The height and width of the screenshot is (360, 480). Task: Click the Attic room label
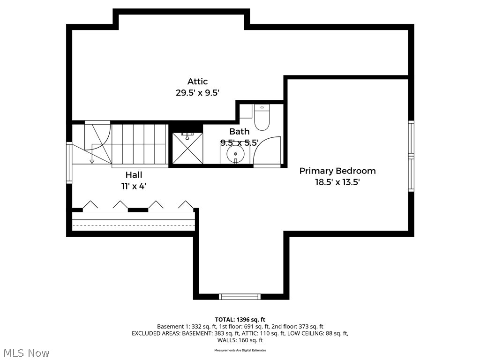(x=197, y=82)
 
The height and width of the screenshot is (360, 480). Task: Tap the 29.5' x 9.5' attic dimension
(x=197, y=93)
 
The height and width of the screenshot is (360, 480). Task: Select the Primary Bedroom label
(x=337, y=171)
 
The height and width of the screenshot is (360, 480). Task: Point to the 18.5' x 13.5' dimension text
(x=337, y=182)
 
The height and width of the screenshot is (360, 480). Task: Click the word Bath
(x=239, y=132)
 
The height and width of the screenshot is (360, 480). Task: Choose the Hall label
(x=134, y=175)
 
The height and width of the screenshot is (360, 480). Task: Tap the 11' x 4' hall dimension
(x=134, y=186)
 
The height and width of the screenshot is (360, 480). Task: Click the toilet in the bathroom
(x=262, y=118)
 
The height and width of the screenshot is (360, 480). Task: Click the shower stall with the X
(x=187, y=148)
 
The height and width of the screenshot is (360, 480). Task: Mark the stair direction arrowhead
(x=92, y=162)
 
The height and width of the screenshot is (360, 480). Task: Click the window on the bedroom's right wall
(x=411, y=156)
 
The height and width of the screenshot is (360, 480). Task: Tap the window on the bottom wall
(x=240, y=296)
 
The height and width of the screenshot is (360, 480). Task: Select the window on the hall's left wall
(x=69, y=162)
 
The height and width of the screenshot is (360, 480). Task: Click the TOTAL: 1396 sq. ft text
(x=240, y=319)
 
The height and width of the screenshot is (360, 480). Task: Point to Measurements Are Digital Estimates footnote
(x=240, y=350)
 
